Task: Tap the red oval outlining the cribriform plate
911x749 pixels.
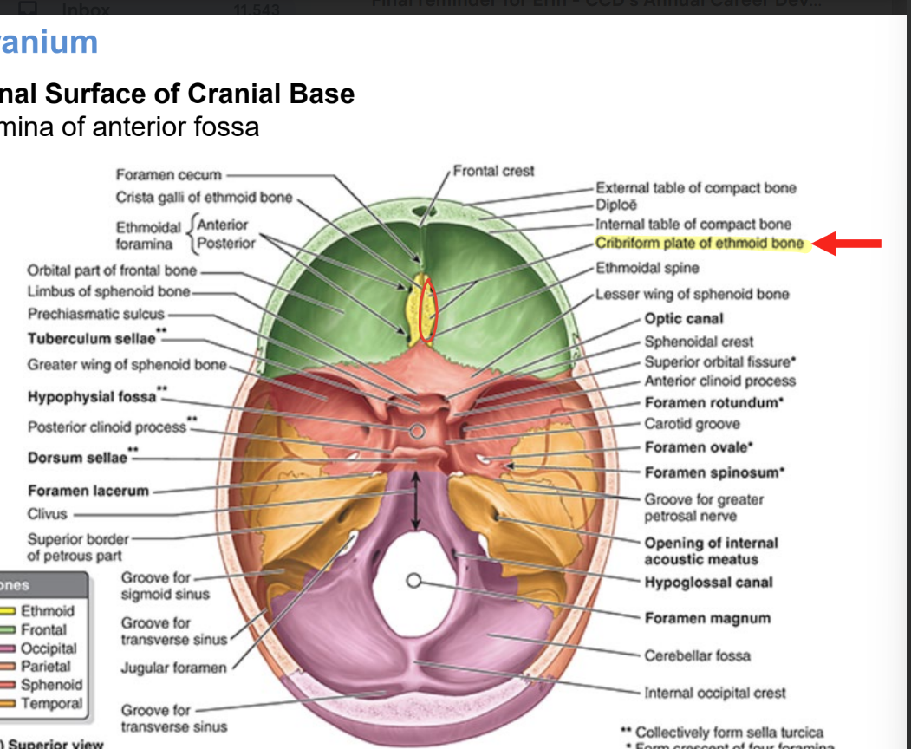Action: click(428, 310)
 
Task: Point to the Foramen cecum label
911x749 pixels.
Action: click(169, 175)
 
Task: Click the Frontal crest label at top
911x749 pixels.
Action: click(493, 171)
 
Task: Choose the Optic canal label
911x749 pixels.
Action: click(683, 319)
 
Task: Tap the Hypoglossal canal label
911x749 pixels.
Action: click(707, 583)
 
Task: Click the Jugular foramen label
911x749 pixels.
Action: click(173, 668)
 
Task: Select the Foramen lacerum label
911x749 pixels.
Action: click(88, 491)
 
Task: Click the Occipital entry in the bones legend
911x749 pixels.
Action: click(48, 648)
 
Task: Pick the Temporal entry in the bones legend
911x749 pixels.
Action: click(51, 704)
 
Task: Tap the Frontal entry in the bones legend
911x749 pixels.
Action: click(43, 630)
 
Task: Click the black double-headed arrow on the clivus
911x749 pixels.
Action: click(416, 501)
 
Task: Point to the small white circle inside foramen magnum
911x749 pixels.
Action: click(414, 581)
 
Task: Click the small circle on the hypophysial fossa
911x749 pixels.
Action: click(417, 431)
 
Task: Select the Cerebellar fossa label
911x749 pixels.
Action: click(697, 655)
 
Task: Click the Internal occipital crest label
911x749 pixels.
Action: click(715, 693)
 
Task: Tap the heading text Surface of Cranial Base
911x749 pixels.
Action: click(199, 94)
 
